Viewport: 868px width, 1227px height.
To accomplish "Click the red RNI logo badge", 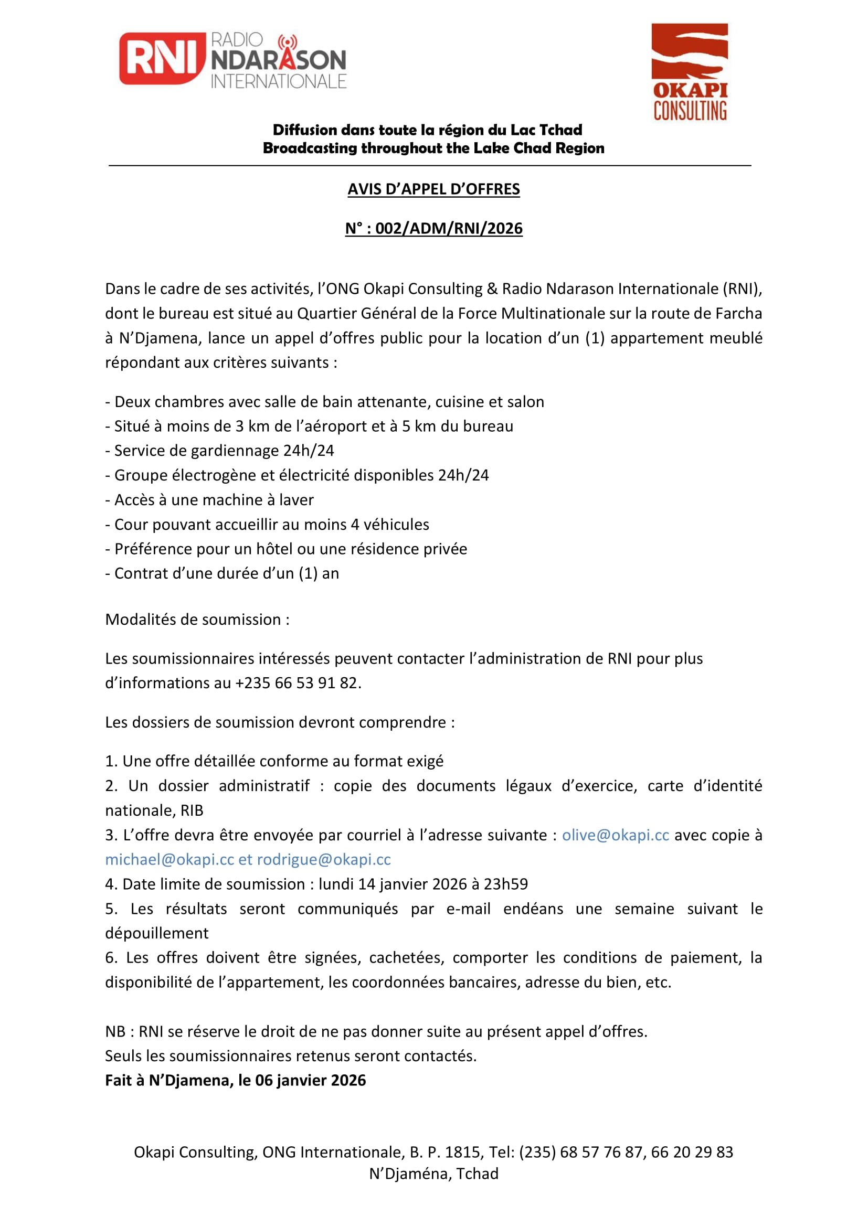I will click(162, 59).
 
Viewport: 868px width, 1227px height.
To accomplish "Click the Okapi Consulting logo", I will click(690, 72).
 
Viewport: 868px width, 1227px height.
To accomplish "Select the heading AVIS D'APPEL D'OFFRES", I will click(433, 189).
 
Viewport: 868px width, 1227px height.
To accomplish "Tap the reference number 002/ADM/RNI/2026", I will click(448, 229).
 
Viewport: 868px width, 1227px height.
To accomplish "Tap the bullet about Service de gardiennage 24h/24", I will click(220, 451).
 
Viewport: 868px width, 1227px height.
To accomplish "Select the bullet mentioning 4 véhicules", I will click(267, 524).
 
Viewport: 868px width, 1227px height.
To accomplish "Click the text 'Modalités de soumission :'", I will click(197, 620).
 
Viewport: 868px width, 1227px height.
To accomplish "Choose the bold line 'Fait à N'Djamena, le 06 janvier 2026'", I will click(235, 1080).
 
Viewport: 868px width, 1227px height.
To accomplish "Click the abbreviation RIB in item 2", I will click(192, 810).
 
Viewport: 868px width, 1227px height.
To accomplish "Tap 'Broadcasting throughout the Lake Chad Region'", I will click(433, 148).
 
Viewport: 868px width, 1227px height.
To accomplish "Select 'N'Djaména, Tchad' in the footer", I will click(433, 1173).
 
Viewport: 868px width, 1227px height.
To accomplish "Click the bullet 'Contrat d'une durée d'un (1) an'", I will click(223, 573).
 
